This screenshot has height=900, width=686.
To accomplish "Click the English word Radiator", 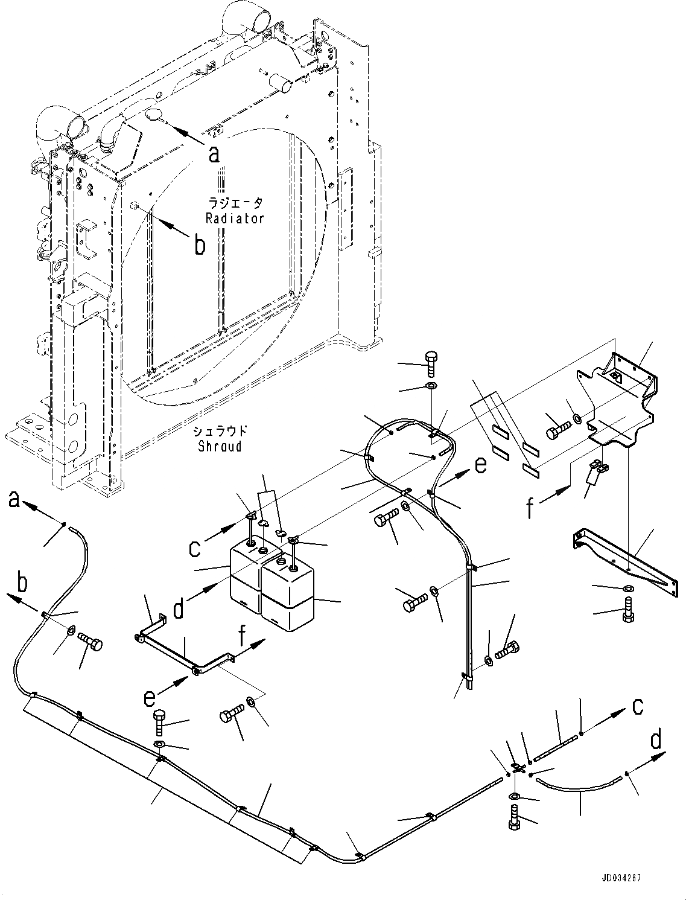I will point(235,219).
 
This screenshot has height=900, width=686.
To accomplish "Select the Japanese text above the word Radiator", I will point(235,203).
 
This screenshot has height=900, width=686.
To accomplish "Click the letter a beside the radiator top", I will point(213,155).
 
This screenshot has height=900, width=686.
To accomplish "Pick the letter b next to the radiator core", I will point(199,244).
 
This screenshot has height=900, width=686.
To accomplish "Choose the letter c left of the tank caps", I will point(194,548).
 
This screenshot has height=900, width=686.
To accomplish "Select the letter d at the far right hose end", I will point(656,740).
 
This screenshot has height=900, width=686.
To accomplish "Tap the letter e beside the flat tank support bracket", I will point(150,698).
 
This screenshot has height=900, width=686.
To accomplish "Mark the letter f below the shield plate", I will point(530,508).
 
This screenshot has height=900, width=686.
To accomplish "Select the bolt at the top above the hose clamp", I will point(431,363).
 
